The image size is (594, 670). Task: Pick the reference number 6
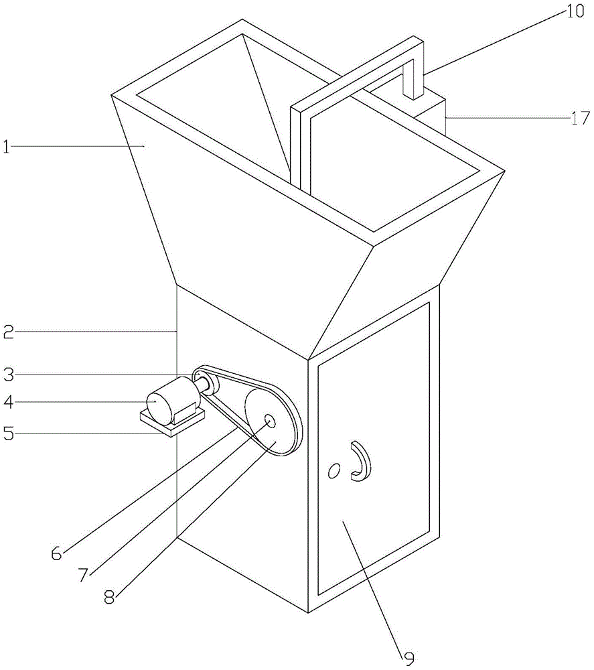pos(56,553)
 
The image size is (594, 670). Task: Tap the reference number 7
pos(83,575)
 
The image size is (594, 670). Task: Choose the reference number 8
pos(109,596)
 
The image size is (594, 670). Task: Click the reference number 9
pos(408,659)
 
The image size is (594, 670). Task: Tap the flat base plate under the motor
pos(171,422)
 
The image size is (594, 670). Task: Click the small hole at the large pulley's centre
pos(269,421)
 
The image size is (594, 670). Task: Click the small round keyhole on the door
pos(331,472)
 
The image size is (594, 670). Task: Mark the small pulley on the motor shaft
pos(203,384)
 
